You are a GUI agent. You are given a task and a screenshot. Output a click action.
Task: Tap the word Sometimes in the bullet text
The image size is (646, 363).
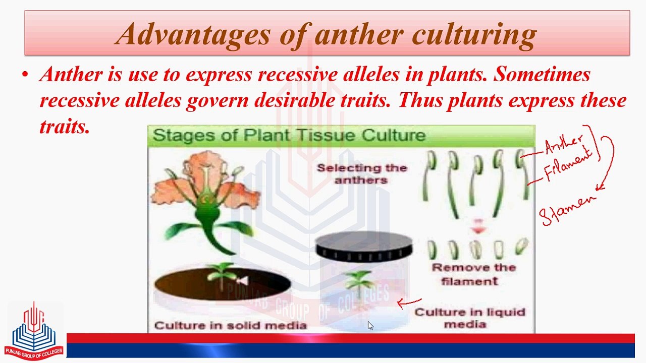542,75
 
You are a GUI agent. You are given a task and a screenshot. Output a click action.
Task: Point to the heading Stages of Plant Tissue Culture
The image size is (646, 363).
289,135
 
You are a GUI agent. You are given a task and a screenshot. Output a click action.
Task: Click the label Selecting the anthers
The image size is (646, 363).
361,174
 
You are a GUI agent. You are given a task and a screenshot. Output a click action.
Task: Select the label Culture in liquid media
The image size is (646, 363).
469,318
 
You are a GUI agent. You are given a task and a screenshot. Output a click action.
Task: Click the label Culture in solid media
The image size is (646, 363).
230,325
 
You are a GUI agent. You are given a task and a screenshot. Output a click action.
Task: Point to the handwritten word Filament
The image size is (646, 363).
567,164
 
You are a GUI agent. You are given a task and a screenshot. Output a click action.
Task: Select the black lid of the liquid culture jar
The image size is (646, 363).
363,245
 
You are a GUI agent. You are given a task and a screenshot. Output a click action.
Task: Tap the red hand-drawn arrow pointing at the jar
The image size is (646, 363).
409,303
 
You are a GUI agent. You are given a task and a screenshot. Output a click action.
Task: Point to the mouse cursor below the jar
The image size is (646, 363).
370,326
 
